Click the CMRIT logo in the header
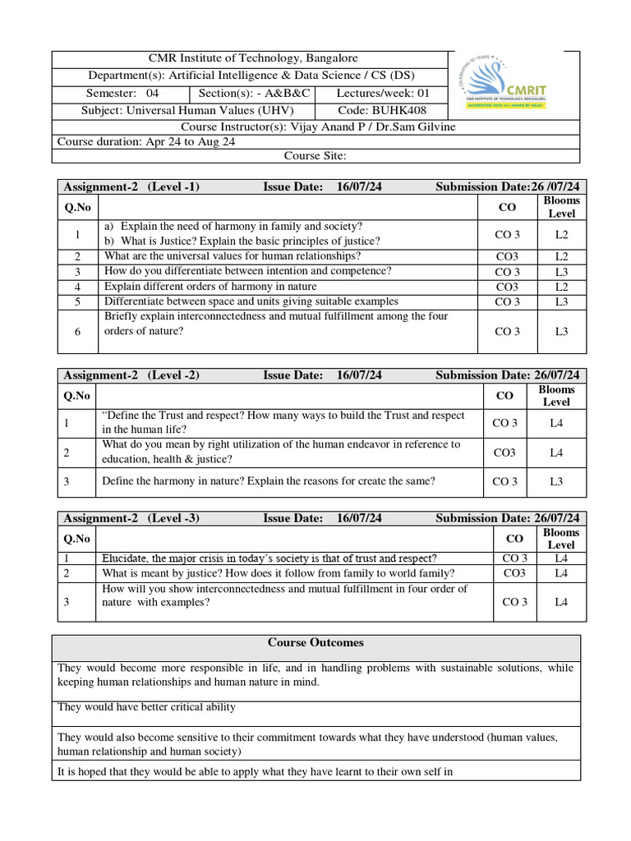[x=514, y=85]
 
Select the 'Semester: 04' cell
[x=122, y=94]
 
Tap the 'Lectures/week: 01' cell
[x=382, y=94]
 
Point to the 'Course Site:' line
[x=315, y=156]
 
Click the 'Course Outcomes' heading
[x=315, y=642]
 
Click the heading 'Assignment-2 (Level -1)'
[x=131, y=186]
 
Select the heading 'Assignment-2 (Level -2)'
[x=131, y=375]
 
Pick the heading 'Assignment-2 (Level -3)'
[x=131, y=518]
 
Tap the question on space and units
[x=251, y=301]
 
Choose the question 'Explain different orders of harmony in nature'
[x=210, y=287]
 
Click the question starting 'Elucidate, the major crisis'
[x=269, y=558]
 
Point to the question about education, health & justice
[x=281, y=452]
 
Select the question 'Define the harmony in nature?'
[x=269, y=481]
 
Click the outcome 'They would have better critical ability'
[x=146, y=707]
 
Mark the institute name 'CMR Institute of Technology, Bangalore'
[x=252, y=58]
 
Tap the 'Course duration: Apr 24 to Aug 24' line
[x=146, y=141]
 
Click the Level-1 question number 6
[x=77, y=332]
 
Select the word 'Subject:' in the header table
[x=103, y=110]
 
